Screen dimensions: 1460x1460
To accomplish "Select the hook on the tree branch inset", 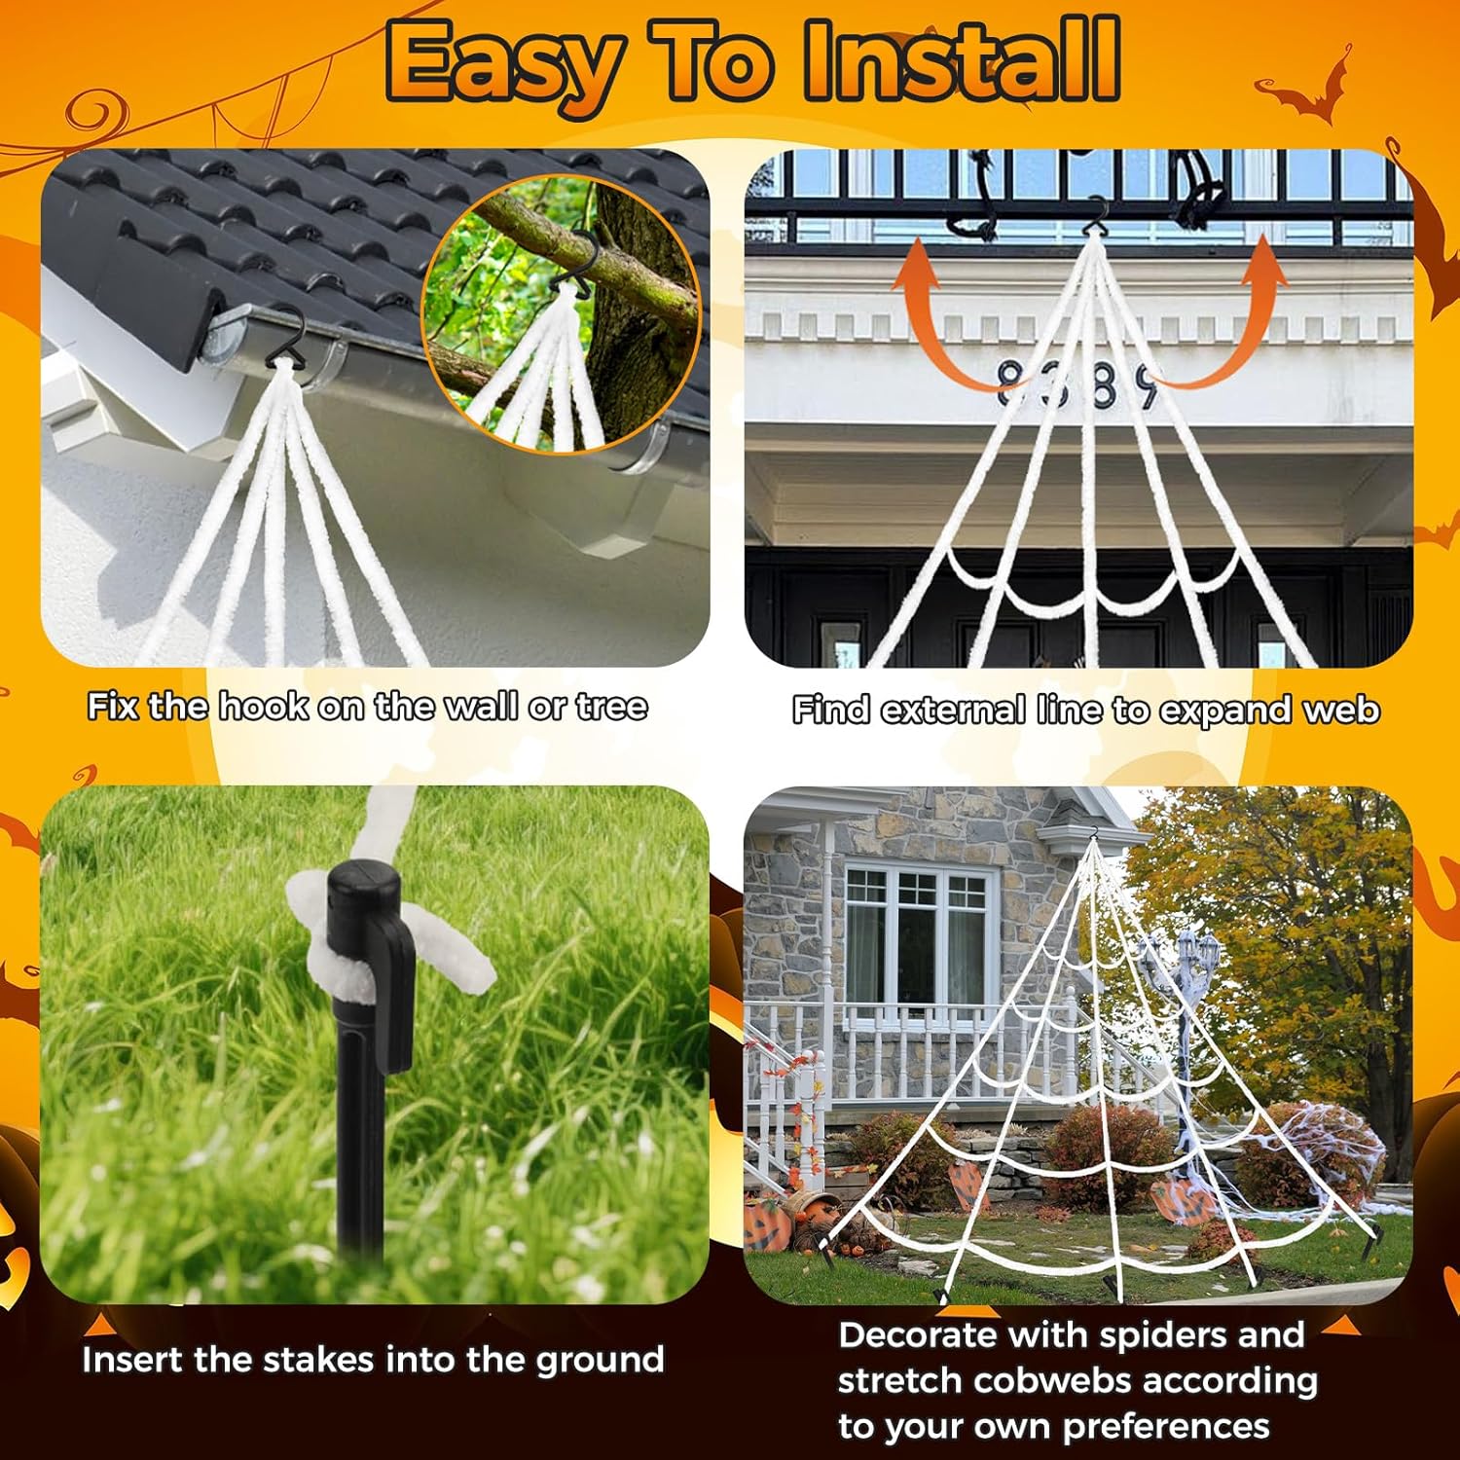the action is click(574, 263).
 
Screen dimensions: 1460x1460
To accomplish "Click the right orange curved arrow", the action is click(1236, 321).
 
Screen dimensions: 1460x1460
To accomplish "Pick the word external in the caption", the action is click(953, 710).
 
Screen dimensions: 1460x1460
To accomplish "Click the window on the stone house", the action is click(916, 934).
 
